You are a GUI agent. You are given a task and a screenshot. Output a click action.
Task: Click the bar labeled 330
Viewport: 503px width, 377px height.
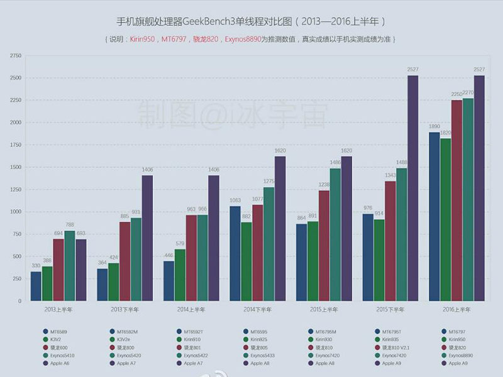click(36, 286)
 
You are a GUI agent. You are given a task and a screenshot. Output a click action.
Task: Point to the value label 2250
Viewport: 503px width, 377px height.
click(457, 95)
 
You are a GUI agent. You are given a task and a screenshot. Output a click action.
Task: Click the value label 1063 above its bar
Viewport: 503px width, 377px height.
click(234, 200)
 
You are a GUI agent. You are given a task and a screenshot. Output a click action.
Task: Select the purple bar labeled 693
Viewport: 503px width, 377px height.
click(81, 270)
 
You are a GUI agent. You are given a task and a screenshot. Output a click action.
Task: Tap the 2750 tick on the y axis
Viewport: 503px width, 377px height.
click(16, 56)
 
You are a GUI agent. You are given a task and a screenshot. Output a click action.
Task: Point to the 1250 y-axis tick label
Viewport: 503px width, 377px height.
click(16, 190)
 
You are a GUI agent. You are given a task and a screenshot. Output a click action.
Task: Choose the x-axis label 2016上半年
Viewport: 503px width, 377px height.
click(457, 310)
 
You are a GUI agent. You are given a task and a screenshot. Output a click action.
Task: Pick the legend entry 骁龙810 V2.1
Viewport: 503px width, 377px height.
click(395, 347)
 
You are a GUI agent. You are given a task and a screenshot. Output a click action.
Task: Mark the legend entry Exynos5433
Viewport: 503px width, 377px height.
click(263, 355)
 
